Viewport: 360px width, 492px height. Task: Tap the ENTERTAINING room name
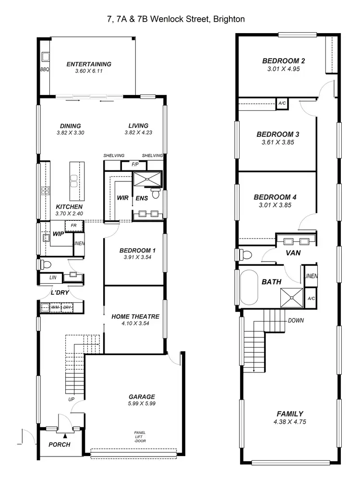coord(89,64)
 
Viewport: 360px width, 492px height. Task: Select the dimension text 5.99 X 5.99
coord(142,404)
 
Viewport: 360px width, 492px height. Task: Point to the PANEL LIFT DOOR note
coord(140,437)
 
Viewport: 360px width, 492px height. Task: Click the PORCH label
coord(60,444)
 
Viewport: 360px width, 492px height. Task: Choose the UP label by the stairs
coord(71,399)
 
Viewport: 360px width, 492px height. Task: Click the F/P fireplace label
coord(136,165)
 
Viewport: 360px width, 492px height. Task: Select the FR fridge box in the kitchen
coord(74,225)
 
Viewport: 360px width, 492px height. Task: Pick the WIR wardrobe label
coord(122,198)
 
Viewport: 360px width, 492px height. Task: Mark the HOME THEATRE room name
coord(135,317)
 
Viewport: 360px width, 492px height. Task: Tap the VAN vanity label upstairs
coord(293,252)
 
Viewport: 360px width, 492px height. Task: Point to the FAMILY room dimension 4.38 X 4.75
coord(290,422)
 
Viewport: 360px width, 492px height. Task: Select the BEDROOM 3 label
coord(278,134)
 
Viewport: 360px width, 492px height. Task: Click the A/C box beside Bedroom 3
coord(281,103)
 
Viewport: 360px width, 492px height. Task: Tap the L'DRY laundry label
coord(60,293)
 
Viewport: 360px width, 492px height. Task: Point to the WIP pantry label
coord(59,234)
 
